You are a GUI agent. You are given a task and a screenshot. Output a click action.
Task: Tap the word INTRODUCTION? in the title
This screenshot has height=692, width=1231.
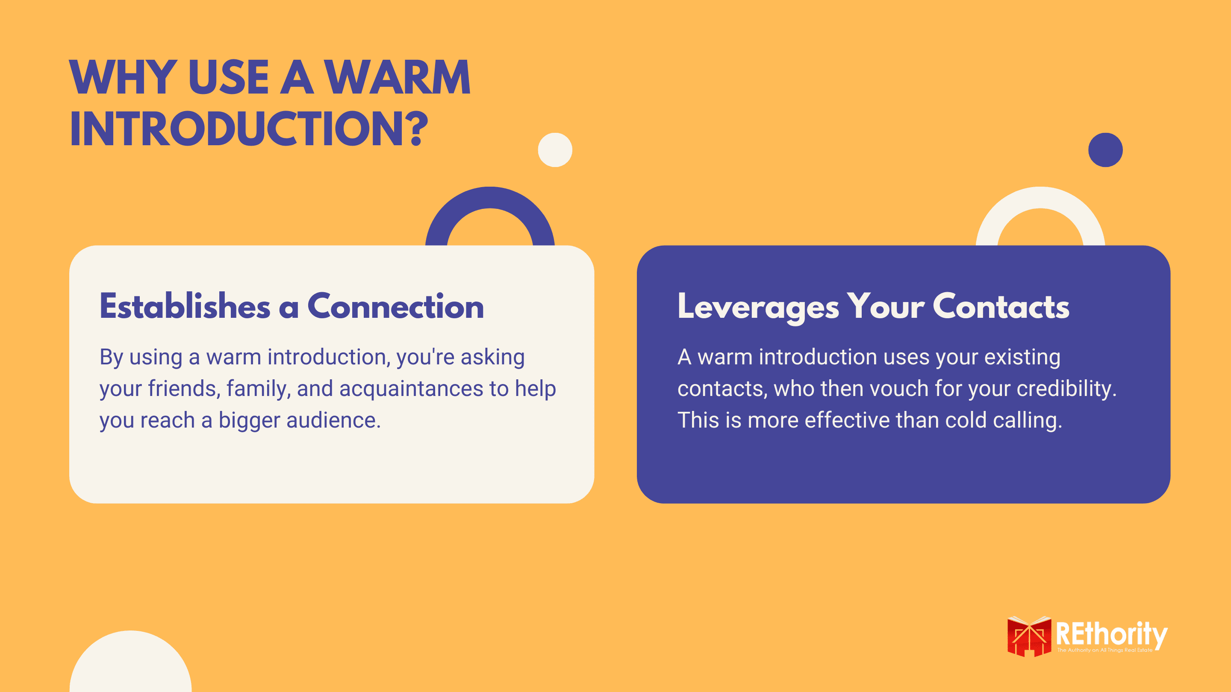(249, 129)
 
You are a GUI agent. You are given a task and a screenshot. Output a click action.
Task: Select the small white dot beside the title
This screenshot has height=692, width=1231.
(555, 150)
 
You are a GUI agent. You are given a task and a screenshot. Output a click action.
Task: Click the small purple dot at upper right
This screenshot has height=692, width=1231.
(1105, 150)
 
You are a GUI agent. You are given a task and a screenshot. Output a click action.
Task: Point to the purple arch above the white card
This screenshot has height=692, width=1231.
(490, 197)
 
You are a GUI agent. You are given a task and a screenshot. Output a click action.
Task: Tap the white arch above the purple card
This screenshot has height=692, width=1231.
(1040, 197)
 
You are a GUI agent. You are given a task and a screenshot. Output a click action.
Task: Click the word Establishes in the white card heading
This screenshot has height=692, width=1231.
(185, 306)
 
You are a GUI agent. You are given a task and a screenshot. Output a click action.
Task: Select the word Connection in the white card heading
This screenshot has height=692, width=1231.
(396, 306)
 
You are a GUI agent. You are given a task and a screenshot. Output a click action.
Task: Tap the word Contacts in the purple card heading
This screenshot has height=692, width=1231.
(1001, 306)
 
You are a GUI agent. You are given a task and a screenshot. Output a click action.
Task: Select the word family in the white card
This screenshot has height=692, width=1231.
(259, 388)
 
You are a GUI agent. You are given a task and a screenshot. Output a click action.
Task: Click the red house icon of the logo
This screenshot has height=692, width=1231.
(1029, 636)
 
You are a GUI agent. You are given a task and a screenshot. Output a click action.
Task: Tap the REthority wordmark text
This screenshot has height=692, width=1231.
(1111, 635)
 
